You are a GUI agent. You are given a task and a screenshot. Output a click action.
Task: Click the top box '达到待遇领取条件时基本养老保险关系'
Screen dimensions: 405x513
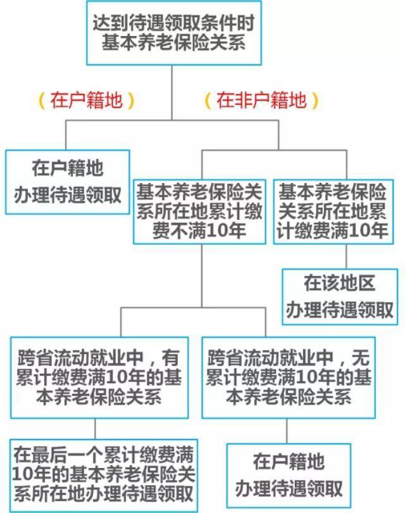(174, 33)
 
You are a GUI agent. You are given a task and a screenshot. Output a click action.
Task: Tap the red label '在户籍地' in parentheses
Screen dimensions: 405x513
(87, 100)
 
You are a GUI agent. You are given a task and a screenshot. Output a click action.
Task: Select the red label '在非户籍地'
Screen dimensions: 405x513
(261, 100)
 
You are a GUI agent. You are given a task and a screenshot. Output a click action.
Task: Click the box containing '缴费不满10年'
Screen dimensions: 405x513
(199, 212)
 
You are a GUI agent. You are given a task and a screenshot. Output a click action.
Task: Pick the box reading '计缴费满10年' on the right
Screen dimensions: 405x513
(333, 212)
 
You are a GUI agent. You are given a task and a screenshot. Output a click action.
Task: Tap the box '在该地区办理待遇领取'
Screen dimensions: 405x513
(340, 297)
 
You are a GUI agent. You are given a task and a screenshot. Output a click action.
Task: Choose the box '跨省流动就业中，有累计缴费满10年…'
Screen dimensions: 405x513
(99, 377)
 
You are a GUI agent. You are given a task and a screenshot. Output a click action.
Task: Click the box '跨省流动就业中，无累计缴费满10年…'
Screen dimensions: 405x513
(289, 377)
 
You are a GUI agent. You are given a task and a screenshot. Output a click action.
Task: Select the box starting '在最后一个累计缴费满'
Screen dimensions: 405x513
(104, 476)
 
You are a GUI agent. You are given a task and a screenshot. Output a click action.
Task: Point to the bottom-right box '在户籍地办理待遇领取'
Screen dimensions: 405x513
(289, 476)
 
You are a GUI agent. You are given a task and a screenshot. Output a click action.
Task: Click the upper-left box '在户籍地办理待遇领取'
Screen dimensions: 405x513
(68, 182)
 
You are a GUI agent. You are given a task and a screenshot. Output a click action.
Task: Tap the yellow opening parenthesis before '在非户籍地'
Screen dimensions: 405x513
(208, 101)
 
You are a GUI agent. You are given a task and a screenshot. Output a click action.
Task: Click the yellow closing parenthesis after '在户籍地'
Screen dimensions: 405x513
(131, 101)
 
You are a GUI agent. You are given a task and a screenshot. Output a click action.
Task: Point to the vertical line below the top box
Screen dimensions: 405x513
(172, 92)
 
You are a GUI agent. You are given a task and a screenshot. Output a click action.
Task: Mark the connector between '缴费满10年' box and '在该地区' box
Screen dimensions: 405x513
(347, 256)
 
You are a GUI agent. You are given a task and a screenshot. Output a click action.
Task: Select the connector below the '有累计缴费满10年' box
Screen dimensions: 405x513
(95, 429)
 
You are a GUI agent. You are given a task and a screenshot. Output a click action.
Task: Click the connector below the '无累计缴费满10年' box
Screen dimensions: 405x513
(287, 431)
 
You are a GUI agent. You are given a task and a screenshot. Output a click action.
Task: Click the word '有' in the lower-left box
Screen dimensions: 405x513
(171, 358)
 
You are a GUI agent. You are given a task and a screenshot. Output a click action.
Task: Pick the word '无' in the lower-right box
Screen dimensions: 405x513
(361, 358)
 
